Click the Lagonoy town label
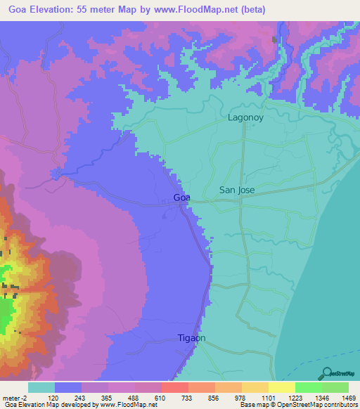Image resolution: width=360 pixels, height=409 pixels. [245, 117]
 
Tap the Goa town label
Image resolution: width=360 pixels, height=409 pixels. [181, 197]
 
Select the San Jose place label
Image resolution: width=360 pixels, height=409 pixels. [237, 190]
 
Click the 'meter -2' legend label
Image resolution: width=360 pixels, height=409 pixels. [13, 398]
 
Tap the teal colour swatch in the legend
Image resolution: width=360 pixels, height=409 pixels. [41, 387]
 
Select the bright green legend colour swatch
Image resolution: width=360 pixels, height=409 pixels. [308, 387]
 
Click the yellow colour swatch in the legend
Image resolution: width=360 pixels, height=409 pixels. [281, 387]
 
